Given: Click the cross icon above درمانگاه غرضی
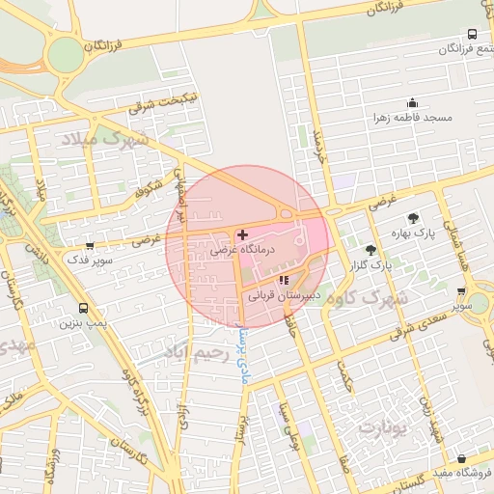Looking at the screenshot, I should click(241, 234).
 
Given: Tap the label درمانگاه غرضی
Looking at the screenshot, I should click(243, 250).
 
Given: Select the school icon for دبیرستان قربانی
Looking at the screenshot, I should click(283, 280).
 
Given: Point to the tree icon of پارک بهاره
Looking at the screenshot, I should click(414, 218).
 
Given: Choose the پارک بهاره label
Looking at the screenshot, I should click(414, 233).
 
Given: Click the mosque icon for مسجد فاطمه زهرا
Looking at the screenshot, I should click(413, 103).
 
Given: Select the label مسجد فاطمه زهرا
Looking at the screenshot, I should click(414, 118).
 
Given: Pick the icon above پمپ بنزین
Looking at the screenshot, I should click(83, 309).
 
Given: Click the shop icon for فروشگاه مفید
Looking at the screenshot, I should click(462, 458).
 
